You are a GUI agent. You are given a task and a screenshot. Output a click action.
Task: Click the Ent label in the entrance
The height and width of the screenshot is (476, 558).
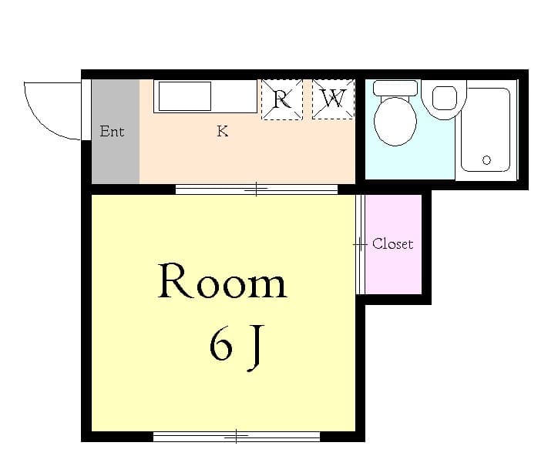[x=112, y=131]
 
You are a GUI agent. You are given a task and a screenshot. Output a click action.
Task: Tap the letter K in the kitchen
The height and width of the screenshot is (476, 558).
[x=223, y=131]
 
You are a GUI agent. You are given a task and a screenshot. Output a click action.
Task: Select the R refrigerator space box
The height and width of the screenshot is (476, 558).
[x=282, y=99]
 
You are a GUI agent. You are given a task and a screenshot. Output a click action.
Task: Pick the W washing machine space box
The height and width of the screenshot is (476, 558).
[x=334, y=99]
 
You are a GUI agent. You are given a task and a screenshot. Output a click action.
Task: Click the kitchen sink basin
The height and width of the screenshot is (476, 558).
[x=185, y=96]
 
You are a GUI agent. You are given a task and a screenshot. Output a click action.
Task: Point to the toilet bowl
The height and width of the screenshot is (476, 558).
[x=395, y=121]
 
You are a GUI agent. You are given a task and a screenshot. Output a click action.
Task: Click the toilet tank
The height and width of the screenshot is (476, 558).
[x=395, y=88]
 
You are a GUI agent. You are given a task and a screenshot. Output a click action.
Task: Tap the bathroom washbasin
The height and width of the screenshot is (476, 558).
[x=444, y=99]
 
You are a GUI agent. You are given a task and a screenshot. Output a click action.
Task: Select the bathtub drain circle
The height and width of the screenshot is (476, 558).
[x=486, y=160]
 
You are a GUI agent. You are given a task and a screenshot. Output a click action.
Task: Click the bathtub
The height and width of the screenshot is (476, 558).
[x=486, y=130]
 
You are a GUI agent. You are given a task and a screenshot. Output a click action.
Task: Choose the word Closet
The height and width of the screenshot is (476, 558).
[x=392, y=244]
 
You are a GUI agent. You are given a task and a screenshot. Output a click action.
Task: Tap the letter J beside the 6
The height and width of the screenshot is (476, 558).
[x=256, y=348]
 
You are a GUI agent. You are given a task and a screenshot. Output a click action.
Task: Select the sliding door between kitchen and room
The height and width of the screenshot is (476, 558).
[x=257, y=189]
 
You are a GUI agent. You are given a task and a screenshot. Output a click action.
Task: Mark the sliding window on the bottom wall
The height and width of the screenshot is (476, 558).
[x=237, y=436]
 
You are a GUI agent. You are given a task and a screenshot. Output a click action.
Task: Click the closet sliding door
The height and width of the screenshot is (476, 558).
[x=361, y=244]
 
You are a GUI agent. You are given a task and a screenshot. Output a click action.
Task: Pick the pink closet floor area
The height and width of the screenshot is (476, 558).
[x=394, y=270]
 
